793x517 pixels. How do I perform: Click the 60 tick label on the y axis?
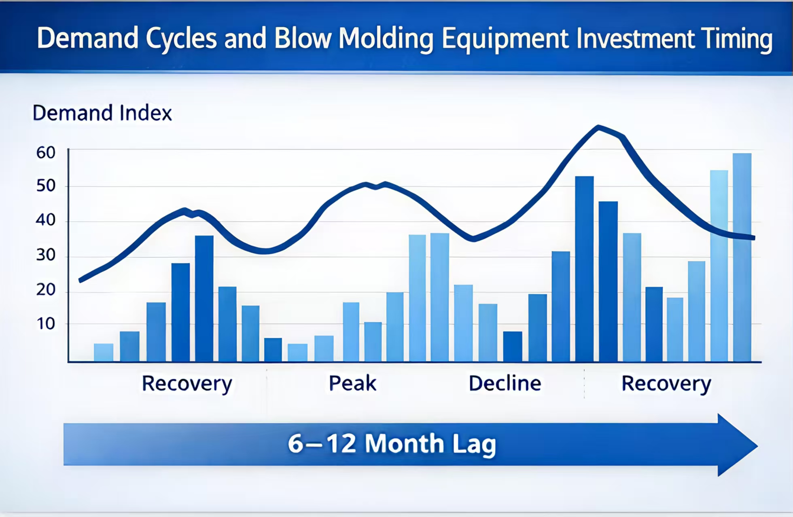tap(46, 153)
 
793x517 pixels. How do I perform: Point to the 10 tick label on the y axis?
tap(46, 324)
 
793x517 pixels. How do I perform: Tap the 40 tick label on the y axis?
tap(46, 220)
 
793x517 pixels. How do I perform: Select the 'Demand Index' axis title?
tap(102, 113)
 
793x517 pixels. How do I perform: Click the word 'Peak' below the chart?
tap(352, 383)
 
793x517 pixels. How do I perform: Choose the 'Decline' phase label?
tap(505, 383)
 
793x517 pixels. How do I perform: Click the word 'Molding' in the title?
tap(386, 39)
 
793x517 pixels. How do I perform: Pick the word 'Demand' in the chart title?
tap(87, 38)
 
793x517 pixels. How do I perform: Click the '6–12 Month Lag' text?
tap(392, 444)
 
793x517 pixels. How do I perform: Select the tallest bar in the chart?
tap(742, 257)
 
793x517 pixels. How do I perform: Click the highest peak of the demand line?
tap(598, 128)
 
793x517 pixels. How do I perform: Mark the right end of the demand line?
tap(753, 238)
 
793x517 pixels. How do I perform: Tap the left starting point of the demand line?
tap(81, 280)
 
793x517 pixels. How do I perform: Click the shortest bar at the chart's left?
tap(104, 352)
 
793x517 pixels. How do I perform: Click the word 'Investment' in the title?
tap(634, 39)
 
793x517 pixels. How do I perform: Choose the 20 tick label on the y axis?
tap(46, 290)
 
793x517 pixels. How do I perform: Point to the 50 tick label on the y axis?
tap(46, 186)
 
